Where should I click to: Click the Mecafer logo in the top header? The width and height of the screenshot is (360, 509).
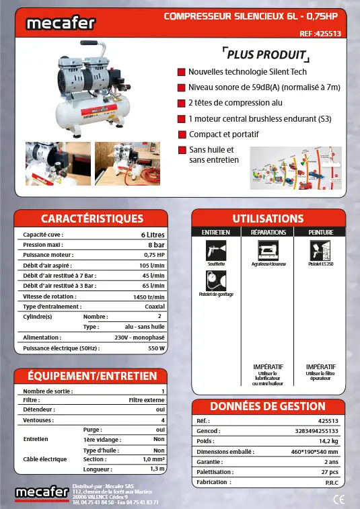[61, 24]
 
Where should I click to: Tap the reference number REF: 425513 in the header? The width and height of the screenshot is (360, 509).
[320, 33]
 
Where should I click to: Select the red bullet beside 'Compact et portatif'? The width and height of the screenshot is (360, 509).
[182, 134]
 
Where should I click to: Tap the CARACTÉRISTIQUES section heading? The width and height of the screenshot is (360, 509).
[92, 219]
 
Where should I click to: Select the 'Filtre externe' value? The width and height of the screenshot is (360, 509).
[147, 399]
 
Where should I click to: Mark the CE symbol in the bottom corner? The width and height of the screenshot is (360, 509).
[339, 499]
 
